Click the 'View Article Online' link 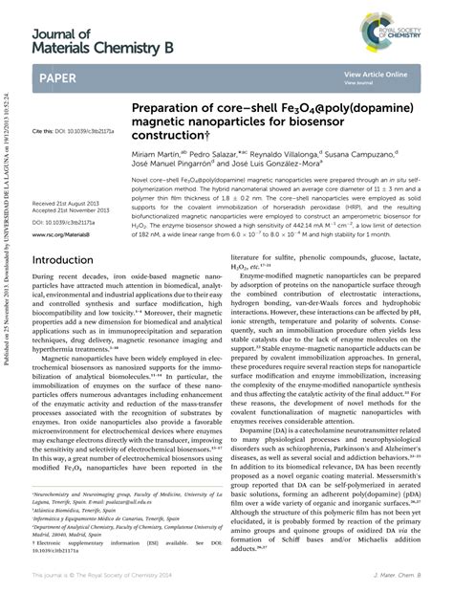(371, 75)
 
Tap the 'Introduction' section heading (63, 259)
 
